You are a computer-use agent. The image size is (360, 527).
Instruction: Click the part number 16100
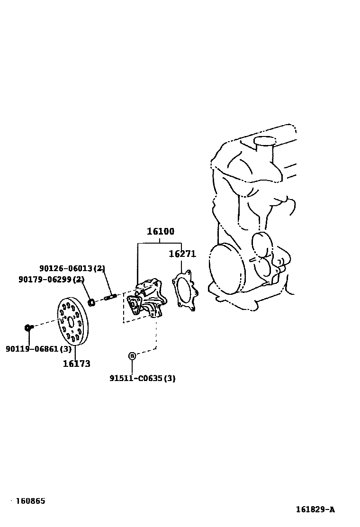point(160,232)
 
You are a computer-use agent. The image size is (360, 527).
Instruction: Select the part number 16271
point(182,254)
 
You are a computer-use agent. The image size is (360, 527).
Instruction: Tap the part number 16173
point(76,364)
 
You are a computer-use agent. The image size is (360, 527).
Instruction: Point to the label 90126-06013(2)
point(72,269)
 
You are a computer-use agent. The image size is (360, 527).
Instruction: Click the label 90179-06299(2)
point(51,280)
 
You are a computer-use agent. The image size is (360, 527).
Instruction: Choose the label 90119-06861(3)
point(38,349)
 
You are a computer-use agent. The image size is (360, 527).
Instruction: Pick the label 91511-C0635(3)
point(142,379)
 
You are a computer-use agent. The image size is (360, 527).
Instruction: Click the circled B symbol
point(132,355)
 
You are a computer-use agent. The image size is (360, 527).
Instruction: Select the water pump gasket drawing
point(185,291)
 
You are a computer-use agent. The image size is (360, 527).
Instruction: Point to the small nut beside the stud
point(92,301)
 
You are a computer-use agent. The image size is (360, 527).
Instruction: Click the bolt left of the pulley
point(28,327)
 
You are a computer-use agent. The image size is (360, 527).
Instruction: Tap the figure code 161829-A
point(315,510)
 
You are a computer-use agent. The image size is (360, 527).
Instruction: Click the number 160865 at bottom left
point(30,501)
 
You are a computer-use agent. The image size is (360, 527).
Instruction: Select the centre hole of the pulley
point(71,322)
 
